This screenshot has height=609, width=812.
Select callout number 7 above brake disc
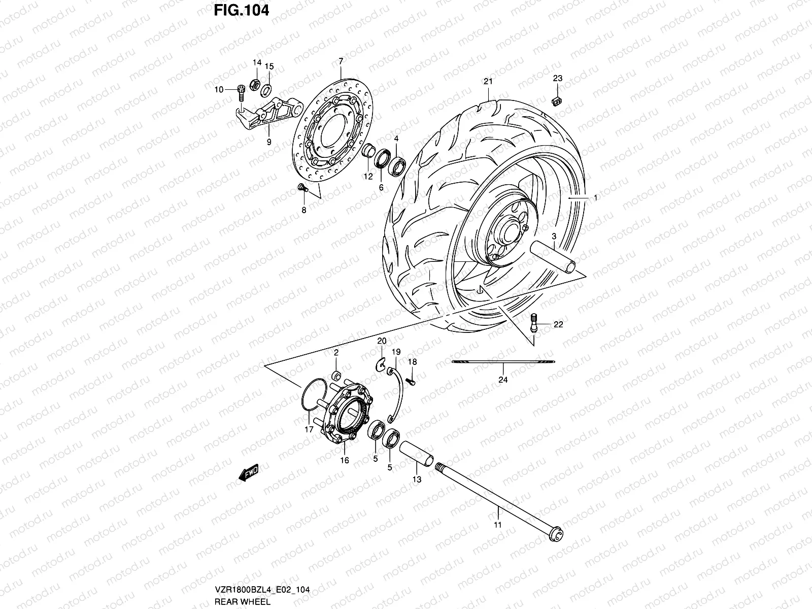(x=341, y=61)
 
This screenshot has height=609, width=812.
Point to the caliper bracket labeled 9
(x=269, y=115)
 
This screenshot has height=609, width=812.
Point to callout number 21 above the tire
(x=488, y=81)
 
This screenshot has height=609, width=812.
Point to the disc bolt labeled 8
(x=302, y=188)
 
